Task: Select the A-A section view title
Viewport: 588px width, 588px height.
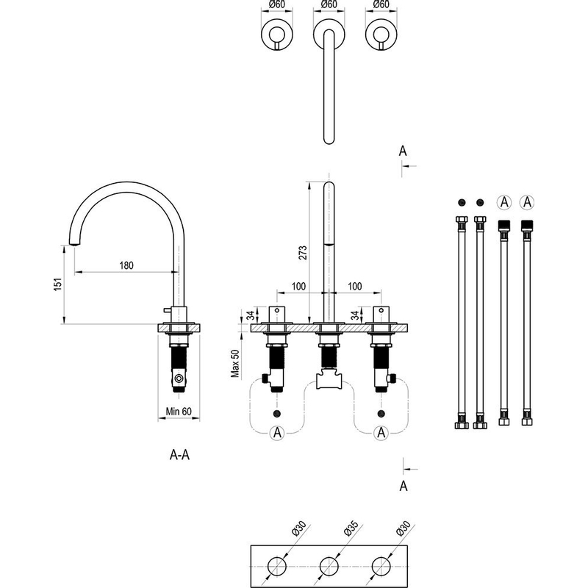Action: [x=180, y=456]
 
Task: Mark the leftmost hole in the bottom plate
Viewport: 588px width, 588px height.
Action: [x=276, y=566]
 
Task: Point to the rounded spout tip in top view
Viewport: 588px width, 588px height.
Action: [x=328, y=138]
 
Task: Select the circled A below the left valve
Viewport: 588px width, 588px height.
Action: [x=276, y=433]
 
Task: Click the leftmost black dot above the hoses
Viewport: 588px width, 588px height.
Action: [x=462, y=201]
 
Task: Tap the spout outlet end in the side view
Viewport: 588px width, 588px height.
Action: [x=74, y=243]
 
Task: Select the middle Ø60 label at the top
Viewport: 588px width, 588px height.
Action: [x=328, y=4]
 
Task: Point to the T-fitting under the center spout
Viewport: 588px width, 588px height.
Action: [x=328, y=380]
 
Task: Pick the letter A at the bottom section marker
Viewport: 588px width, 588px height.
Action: [x=403, y=486]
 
